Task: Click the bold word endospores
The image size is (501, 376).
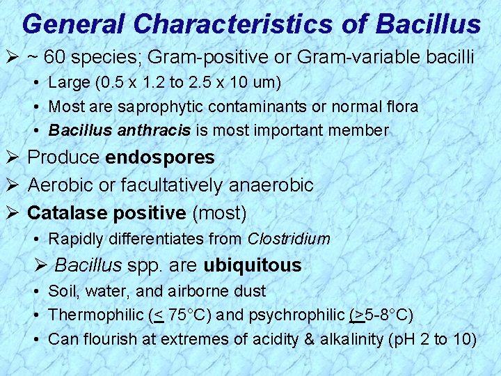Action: pyautogui.click(x=160, y=157)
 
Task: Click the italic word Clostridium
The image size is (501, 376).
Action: pyautogui.click(x=289, y=239)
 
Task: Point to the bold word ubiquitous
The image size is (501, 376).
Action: pyautogui.click(x=253, y=265)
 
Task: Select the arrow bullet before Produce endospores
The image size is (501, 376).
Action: pyautogui.click(x=13, y=157)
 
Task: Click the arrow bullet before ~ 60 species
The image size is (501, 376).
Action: pyautogui.click(x=13, y=57)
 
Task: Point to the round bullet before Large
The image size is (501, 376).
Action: pyautogui.click(x=36, y=84)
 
